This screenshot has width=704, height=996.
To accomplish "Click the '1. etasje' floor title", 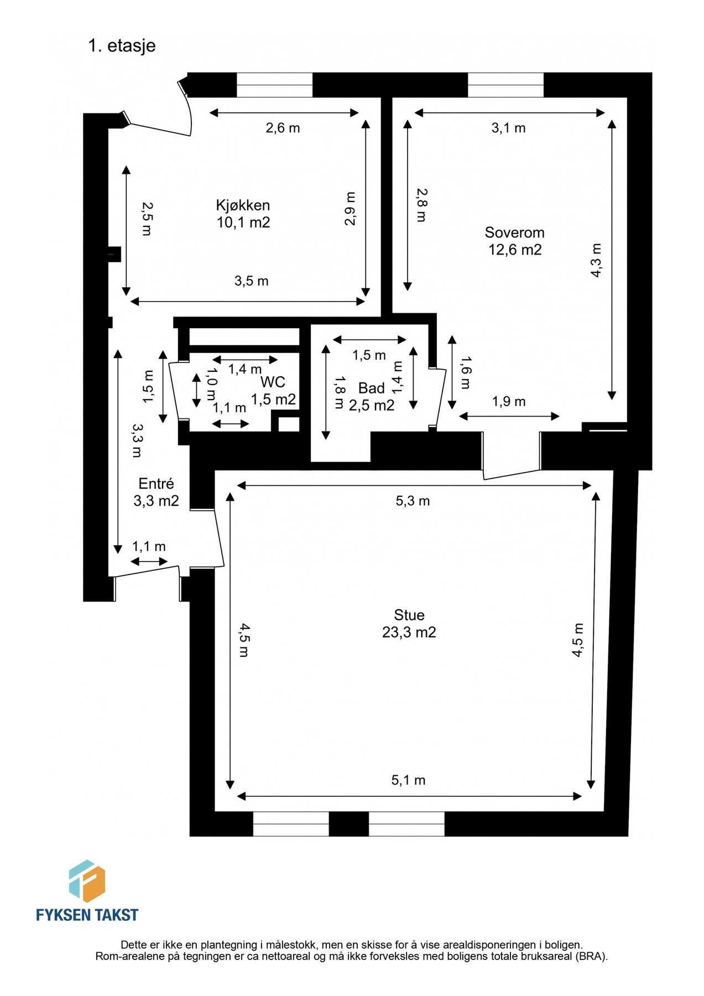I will click(x=122, y=45).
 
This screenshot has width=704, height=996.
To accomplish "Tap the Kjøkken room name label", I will click(x=243, y=205).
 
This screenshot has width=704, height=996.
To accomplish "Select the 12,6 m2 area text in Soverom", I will click(x=514, y=250).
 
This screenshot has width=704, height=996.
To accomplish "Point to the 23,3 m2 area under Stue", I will click(x=409, y=632).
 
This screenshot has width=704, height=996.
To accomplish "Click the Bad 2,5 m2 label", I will click(x=372, y=397).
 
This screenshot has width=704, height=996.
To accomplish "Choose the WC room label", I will click(x=273, y=382).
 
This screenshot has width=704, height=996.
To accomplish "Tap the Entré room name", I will click(x=156, y=484).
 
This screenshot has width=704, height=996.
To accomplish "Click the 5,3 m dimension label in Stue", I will click(x=413, y=501).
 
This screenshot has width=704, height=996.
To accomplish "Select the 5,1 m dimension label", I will click(x=408, y=780).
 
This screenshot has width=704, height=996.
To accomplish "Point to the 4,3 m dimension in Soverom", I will click(x=596, y=261).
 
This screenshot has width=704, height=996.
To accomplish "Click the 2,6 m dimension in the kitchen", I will click(x=283, y=128).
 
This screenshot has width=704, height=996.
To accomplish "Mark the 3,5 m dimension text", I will click(x=251, y=281).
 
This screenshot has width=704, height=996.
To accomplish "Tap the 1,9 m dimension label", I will click(x=509, y=402).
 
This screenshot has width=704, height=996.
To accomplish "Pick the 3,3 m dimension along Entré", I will click(x=136, y=440).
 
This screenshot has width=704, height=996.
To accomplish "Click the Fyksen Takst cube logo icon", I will click(x=87, y=881).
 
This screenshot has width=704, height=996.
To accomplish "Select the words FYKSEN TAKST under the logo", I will click(x=87, y=915).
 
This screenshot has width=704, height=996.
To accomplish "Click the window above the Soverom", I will click(x=505, y=85).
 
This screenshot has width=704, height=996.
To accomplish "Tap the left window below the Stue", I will click(x=291, y=823).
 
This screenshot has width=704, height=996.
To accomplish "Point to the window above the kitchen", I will click(x=274, y=85).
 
